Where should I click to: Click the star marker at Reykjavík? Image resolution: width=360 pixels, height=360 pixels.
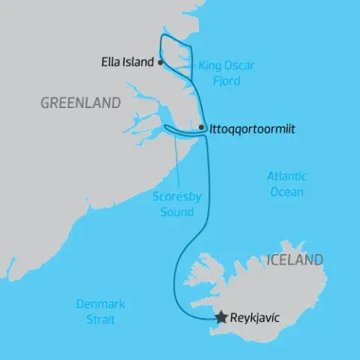click(x=221, y=318)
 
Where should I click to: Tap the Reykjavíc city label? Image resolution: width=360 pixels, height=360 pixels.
click(x=256, y=318)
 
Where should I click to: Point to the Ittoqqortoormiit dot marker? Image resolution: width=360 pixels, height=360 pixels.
click(x=201, y=129)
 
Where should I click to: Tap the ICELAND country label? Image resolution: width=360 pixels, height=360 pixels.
click(x=294, y=260)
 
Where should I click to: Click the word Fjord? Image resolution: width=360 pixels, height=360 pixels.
click(x=225, y=81)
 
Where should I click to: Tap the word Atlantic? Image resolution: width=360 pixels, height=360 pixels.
click(x=287, y=177)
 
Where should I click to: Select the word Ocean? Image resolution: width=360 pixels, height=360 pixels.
click(x=287, y=192)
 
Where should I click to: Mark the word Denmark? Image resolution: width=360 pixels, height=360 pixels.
click(x=100, y=304)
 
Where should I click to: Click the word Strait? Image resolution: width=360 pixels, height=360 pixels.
click(x=100, y=319)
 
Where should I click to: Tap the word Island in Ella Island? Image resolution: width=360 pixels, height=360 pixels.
click(x=139, y=62)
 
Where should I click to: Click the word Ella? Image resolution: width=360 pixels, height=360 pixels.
click(x=111, y=62)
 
